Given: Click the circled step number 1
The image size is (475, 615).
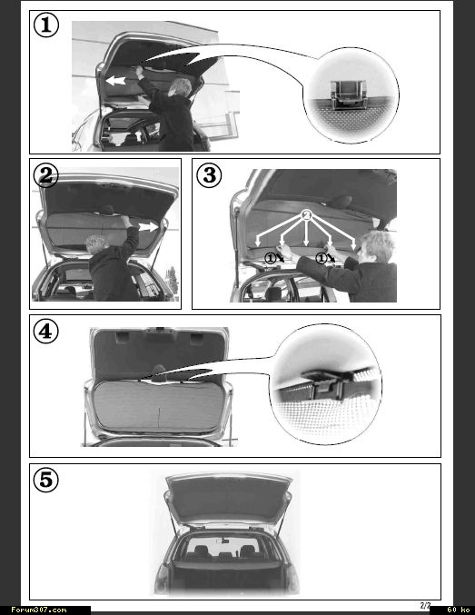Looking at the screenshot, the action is click(x=46, y=25).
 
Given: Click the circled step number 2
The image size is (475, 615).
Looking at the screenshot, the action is click(x=46, y=175).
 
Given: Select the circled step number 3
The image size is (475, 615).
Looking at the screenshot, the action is click(x=209, y=175).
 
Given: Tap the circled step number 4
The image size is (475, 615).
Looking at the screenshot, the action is click(x=46, y=332).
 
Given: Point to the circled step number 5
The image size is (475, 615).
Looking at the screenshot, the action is click(x=46, y=480).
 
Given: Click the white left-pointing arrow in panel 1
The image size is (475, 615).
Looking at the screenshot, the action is click(x=115, y=81).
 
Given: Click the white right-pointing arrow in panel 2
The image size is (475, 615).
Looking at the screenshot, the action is click(x=148, y=227).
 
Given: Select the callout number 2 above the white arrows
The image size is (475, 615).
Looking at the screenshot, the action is click(x=307, y=214).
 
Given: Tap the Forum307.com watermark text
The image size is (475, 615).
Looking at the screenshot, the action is click(x=39, y=610).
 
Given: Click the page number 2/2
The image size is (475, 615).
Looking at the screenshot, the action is click(x=425, y=605).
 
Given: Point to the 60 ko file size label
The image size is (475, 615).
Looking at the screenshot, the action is click(x=458, y=610).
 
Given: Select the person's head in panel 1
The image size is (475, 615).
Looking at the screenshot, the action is click(x=181, y=88).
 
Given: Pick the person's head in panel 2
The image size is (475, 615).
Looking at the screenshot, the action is click(x=97, y=244).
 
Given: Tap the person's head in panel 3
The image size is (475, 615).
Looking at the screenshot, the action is click(x=377, y=247).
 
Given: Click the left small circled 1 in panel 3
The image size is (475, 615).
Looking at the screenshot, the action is click(x=271, y=258).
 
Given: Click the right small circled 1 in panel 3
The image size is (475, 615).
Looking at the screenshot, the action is click(x=322, y=258).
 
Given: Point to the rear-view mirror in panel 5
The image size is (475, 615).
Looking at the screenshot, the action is click(x=223, y=541).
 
